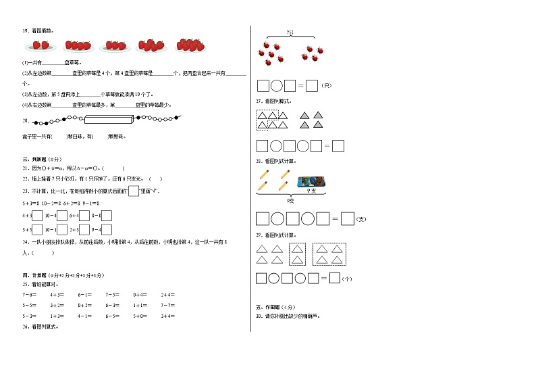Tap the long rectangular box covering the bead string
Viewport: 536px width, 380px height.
[x=109, y=120]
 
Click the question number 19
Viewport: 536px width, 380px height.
[x=25, y=30]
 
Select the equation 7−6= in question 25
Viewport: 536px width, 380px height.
[x=30, y=294]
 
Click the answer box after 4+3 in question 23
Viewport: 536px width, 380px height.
[x=37, y=216]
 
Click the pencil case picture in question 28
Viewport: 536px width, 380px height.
[x=311, y=181]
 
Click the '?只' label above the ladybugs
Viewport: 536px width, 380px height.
[x=290, y=32]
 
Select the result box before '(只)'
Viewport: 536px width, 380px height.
[x=311, y=86]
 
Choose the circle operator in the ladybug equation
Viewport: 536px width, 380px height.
[x=277, y=86]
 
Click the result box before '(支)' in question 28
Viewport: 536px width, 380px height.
[x=347, y=218]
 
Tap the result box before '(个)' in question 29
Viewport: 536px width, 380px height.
[x=334, y=277]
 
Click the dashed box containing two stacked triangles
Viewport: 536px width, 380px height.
[x=298, y=255]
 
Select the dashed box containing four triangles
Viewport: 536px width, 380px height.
[x=330, y=255]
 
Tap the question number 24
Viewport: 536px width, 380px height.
[x=25, y=241]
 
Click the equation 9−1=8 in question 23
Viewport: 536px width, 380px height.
[x=90, y=202]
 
